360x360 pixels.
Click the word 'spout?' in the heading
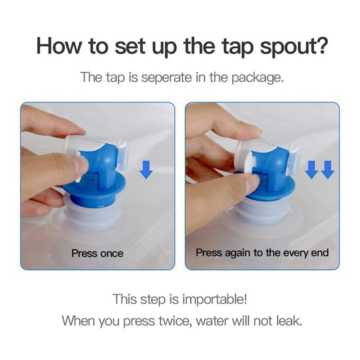click(294, 47)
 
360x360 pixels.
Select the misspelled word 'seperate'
click(166, 77)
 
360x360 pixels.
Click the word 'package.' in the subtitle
click(258, 78)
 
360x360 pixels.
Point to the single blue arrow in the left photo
click(146, 170)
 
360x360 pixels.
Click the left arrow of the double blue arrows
click(311, 170)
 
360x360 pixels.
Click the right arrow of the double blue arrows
click(327, 170)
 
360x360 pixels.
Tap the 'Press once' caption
click(97, 254)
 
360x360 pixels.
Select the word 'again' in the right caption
click(237, 253)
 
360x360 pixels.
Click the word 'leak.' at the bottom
click(289, 320)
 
